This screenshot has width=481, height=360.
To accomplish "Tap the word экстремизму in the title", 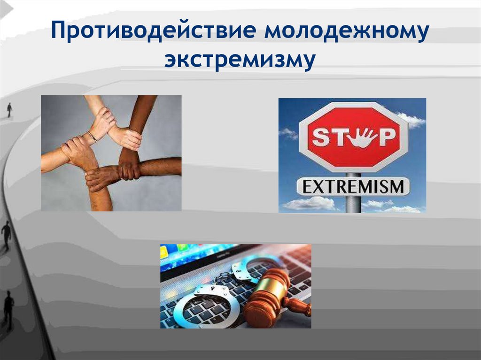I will point(239,62).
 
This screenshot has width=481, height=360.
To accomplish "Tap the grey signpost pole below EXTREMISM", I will point(353,205).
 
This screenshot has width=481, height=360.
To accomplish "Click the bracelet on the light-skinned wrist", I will point(92,136).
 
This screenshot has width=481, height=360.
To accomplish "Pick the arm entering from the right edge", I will point(160,166).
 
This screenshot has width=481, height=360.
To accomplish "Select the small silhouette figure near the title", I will point(9,110).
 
